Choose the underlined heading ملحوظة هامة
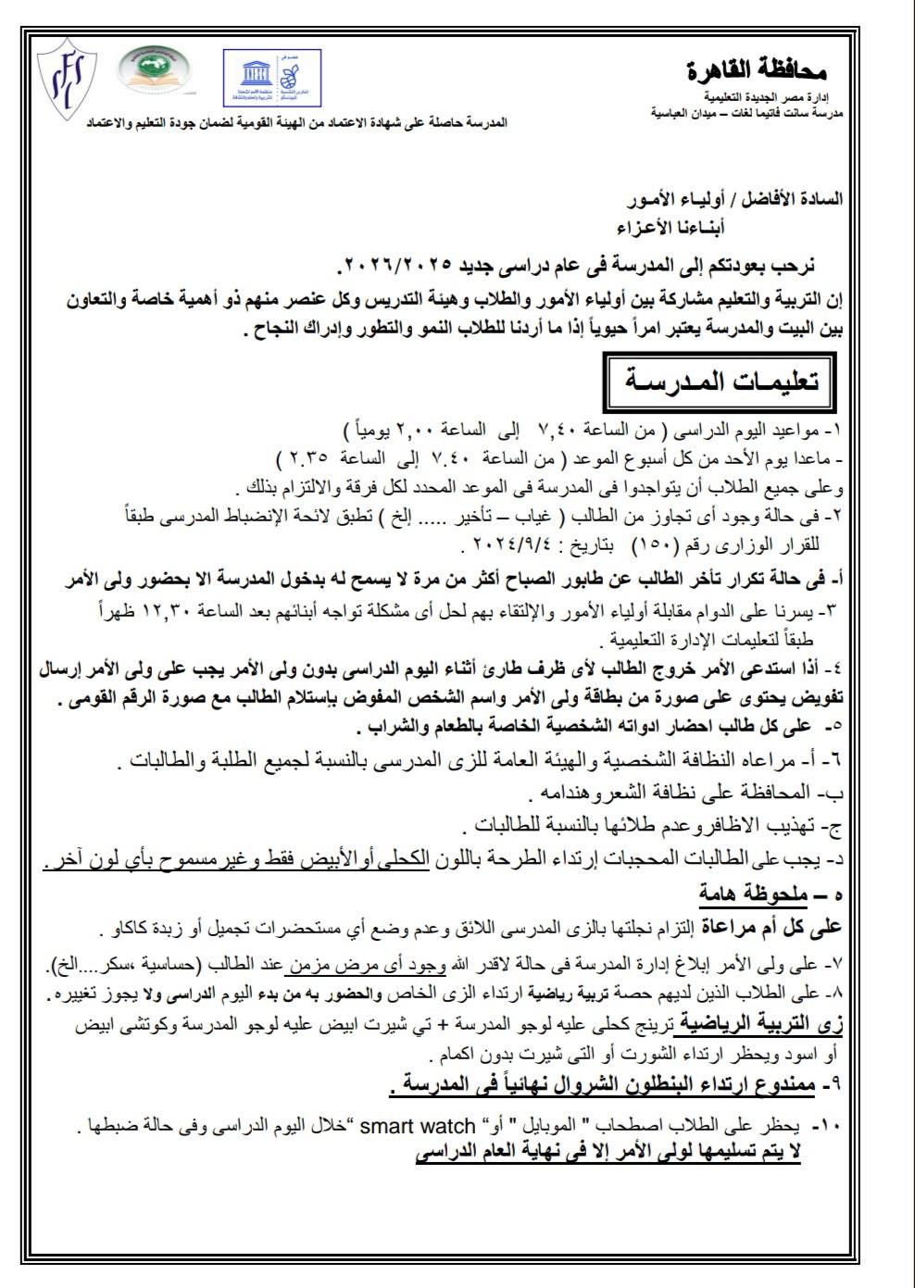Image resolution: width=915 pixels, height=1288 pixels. (x=750, y=896)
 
